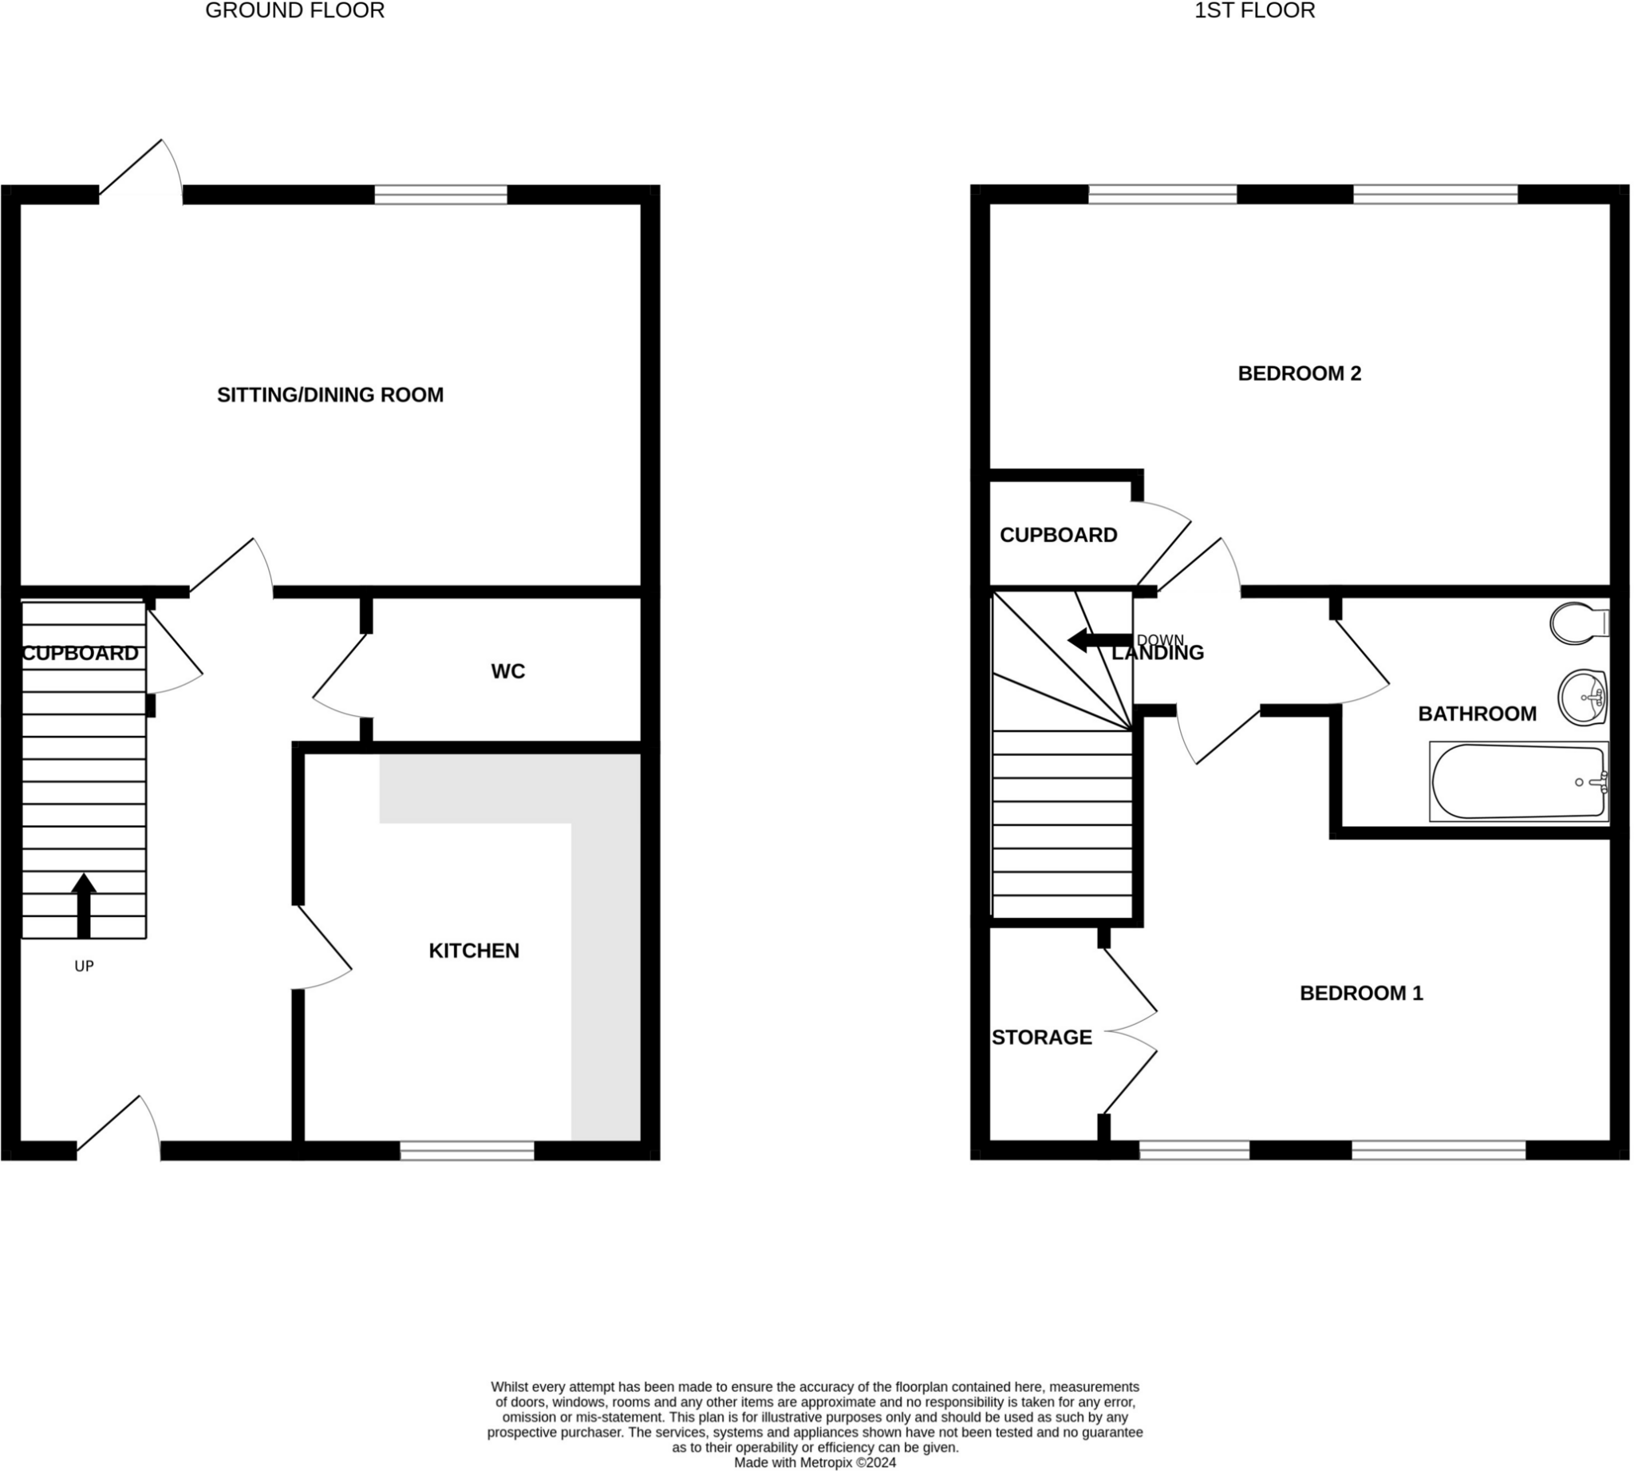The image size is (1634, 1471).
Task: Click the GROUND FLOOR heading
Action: (x=295, y=10)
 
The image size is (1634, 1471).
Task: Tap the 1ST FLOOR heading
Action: (x=1254, y=10)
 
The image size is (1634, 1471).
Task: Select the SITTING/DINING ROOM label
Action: (x=330, y=395)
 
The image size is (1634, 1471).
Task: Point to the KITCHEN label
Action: (x=474, y=951)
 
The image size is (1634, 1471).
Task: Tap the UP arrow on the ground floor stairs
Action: (x=83, y=905)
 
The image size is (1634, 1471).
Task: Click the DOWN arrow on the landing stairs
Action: (x=1099, y=641)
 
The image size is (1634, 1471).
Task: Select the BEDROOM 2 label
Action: (x=1299, y=374)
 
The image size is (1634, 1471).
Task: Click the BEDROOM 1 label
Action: (x=1360, y=994)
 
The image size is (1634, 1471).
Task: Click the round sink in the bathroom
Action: (x=1581, y=697)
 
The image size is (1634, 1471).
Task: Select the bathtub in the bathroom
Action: (x=1518, y=781)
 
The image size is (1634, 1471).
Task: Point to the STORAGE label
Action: (x=1041, y=1038)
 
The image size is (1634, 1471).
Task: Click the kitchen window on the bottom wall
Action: (x=467, y=1151)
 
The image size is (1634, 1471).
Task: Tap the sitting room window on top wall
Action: (x=440, y=195)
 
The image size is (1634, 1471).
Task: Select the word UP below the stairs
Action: (x=84, y=967)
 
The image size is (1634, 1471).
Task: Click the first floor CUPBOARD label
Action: (x=1058, y=535)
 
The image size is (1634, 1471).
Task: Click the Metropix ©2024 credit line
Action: (x=815, y=1462)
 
